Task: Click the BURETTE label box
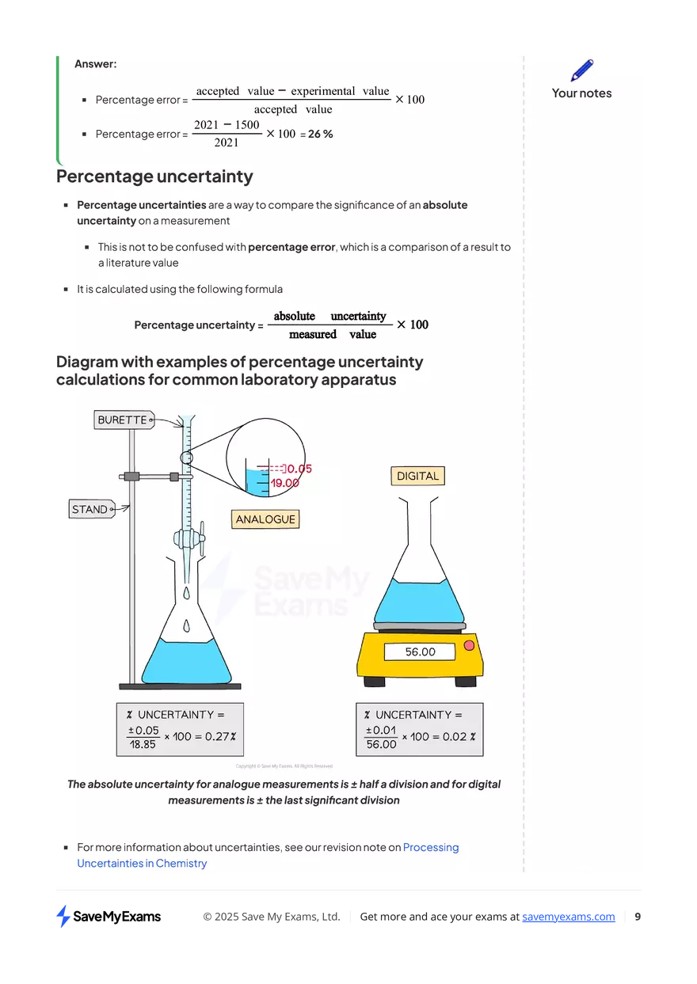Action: tap(123, 420)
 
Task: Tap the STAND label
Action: tap(90, 509)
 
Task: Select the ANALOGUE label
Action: tap(265, 519)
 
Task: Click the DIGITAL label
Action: tap(417, 476)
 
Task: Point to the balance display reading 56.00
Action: tap(420, 652)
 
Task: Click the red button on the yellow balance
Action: tap(469, 646)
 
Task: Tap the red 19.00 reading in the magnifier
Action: tap(284, 483)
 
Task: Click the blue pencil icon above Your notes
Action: tap(581, 70)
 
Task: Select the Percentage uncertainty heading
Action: tap(154, 177)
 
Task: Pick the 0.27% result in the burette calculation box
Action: tap(220, 736)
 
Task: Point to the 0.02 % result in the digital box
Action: tap(459, 736)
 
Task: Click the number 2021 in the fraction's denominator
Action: tap(226, 143)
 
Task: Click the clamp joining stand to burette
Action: tap(132, 477)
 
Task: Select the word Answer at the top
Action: tap(95, 64)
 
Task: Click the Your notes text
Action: tap(581, 93)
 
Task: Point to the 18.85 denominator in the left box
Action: tap(143, 745)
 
